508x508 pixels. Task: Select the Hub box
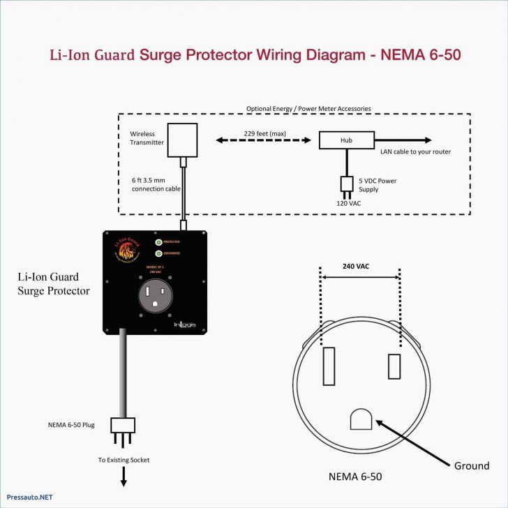[x=346, y=140]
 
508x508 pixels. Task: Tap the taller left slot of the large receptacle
[x=329, y=364]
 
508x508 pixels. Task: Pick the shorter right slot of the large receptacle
[x=394, y=366]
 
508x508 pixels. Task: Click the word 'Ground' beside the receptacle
[x=472, y=465]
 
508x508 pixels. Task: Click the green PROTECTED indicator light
[x=159, y=242]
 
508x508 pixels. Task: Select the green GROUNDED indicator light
[x=159, y=253]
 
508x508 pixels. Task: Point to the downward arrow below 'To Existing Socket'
[x=124, y=477]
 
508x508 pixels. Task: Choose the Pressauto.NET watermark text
[x=27, y=497]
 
